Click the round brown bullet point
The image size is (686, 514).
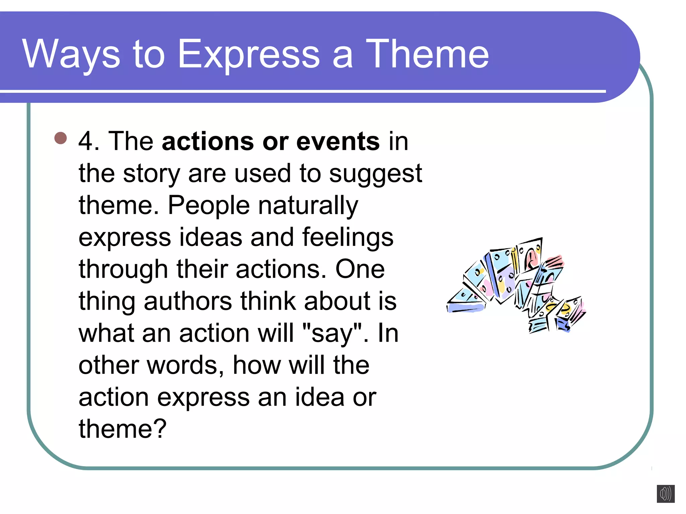pyautogui.click(x=61, y=138)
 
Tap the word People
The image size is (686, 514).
pyautogui.click(x=209, y=205)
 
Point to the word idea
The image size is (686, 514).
pyautogui.click(x=319, y=397)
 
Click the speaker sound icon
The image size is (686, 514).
pyautogui.click(x=665, y=494)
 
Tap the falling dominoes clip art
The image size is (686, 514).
pyautogui.click(x=516, y=284)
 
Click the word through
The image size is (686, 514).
pyautogui.click(x=123, y=269)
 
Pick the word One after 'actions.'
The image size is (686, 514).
pyautogui.click(x=360, y=269)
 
